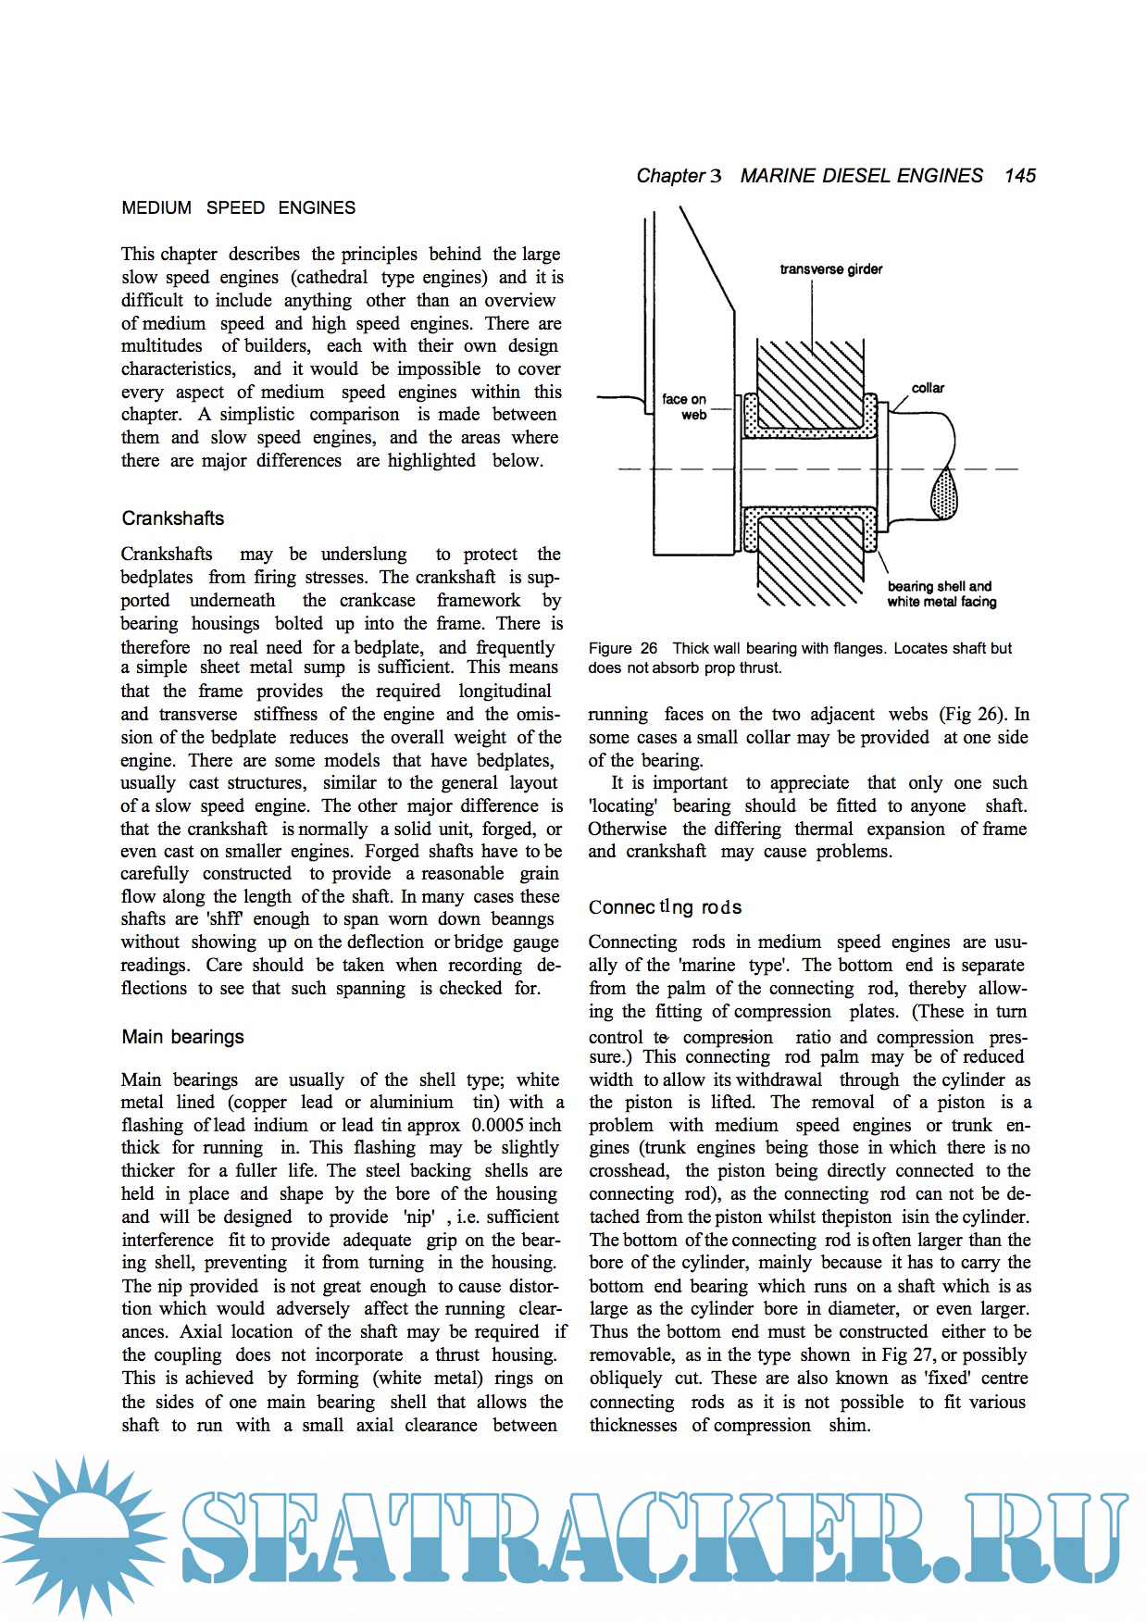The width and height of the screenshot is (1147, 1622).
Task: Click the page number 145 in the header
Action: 1019,176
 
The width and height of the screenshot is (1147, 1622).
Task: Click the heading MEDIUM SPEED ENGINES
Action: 238,208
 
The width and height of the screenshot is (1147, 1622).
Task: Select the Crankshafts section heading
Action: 173,518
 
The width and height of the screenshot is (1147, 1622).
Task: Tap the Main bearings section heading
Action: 182,1037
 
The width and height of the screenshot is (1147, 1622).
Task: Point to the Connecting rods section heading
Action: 665,907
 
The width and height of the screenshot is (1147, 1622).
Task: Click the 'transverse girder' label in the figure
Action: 830,269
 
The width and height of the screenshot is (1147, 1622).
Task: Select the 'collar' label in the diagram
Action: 928,388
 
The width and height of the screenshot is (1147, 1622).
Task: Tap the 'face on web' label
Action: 685,406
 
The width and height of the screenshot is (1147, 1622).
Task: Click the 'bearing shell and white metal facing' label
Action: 941,593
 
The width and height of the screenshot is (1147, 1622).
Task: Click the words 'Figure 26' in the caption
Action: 622,648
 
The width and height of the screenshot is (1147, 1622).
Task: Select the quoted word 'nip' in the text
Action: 418,1216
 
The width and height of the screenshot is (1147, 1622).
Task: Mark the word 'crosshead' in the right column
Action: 628,1171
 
